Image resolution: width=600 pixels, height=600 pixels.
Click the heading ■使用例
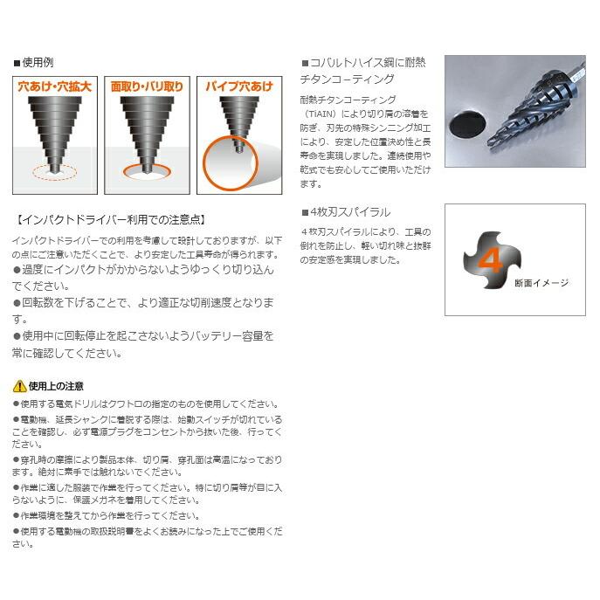click(x=34, y=63)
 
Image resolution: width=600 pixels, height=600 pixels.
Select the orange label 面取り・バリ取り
click(x=147, y=86)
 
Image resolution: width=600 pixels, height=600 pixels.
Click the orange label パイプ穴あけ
click(x=238, y=86)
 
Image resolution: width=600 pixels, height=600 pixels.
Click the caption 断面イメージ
click(x=541, y=282)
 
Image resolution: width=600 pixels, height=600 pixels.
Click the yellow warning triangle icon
click(x=19, y=385)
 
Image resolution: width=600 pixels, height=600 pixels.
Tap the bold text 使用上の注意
click(x=56, y=385)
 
